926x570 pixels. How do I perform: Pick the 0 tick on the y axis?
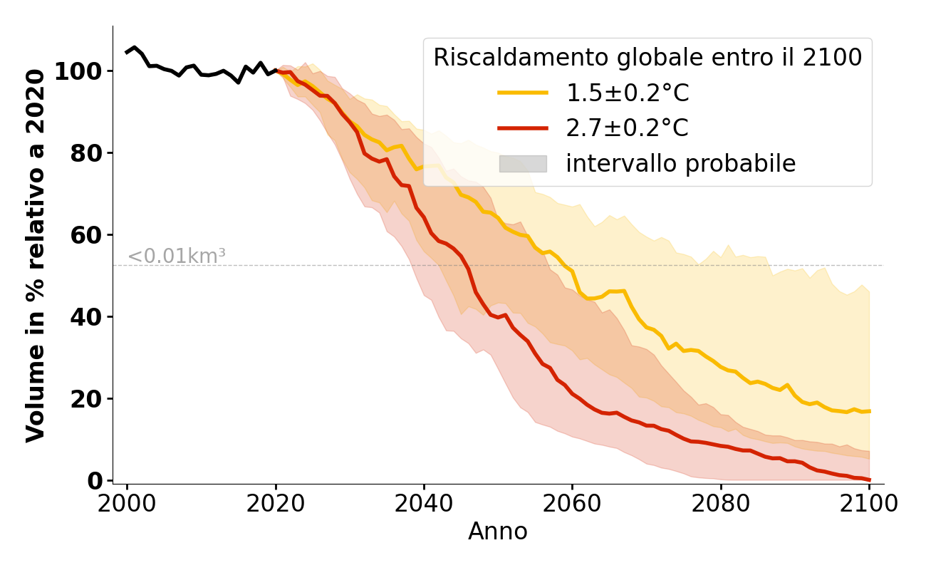point(95,481)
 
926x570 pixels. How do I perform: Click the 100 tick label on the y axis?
point(78,71)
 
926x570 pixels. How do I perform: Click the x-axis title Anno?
point(498,532)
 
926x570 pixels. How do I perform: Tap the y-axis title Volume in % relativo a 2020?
point(36,255)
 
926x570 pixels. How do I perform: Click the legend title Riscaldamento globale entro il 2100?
point(647,58)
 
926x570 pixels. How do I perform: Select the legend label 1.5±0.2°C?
point(628,93)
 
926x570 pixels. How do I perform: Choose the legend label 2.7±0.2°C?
point(628,129)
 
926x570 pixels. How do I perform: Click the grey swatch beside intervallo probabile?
point(523,164)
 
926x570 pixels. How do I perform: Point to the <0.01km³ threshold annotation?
point(177,256)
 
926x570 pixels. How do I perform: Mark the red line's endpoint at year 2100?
point(869,480)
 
